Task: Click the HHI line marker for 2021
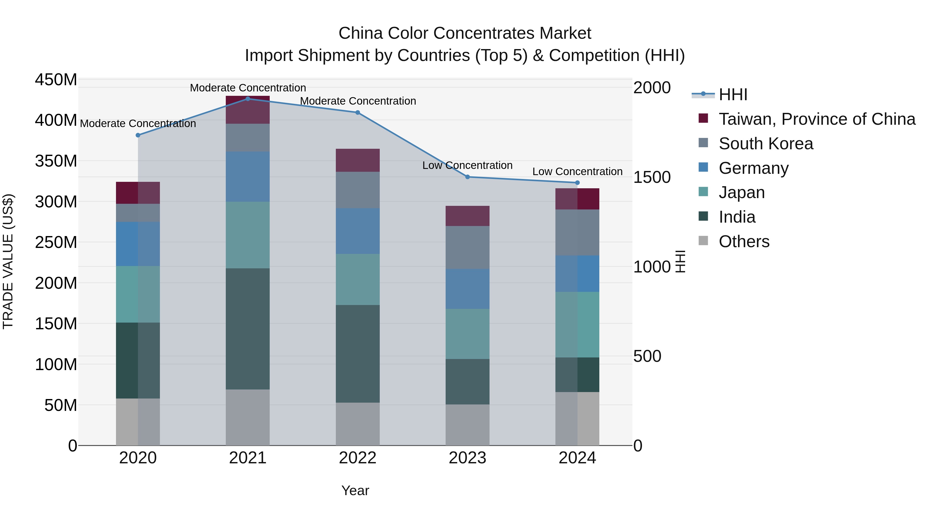click(248, 99)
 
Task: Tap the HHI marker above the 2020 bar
click(138, 135)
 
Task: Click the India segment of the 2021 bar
click(248, 329)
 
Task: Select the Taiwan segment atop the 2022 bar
click(358, 160)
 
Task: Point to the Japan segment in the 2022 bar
click(358, 279)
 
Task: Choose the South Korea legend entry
click(765, 144)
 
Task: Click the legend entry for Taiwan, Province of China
click(817, 119)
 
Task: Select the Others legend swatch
click(703, 241)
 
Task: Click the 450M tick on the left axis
click(56, 79)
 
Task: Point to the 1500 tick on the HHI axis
click(652, 177)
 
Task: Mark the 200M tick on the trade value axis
click(56, 283)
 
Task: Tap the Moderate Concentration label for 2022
click(358, 101)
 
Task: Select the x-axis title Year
click(355, 490)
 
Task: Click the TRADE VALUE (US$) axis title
click(8, 261)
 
